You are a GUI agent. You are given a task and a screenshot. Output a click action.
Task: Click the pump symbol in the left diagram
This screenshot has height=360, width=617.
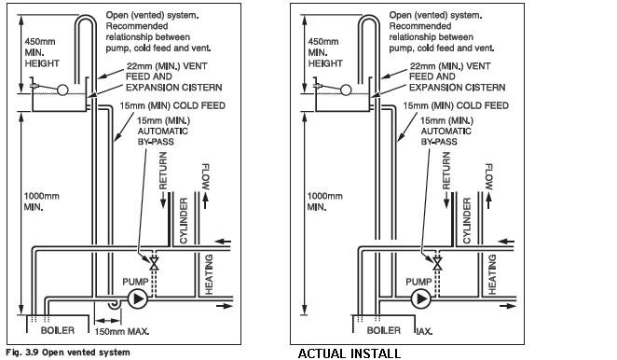point(137,299)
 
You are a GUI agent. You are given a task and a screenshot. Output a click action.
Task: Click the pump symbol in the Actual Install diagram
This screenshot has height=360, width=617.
point(421,299)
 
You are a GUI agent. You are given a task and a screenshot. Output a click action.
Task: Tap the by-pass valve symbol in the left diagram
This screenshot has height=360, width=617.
point(154,263)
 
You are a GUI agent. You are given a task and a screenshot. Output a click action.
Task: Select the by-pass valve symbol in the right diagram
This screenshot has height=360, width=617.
point(437,263)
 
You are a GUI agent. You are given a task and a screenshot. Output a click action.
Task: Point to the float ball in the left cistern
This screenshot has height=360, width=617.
point(62,90)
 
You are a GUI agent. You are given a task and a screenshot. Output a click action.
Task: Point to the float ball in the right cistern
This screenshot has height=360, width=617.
point(346,90)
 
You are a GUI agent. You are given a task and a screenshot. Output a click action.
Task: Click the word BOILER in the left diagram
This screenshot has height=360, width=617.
point(58,330)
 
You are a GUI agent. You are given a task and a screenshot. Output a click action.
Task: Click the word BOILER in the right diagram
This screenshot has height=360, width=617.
point(384,330)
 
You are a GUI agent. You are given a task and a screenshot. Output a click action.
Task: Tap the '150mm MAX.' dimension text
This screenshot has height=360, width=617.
point(122,332)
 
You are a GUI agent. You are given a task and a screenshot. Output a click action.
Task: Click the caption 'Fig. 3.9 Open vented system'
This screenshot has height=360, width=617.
point(68,353)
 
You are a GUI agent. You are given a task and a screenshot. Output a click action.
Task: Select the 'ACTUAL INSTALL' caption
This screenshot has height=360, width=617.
point(350,353)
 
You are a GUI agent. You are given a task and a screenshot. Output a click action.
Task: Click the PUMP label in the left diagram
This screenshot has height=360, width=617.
point(135,282)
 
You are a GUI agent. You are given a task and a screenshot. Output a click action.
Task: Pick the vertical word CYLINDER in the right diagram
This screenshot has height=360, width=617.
point(467,220)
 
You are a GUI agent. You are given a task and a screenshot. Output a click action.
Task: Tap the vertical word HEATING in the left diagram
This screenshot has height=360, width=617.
point(209,274)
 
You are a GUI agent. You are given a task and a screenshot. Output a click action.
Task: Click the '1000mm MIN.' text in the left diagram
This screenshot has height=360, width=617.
point(42,201)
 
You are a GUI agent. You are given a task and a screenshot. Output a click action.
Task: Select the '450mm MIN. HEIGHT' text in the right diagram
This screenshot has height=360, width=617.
point(325,52)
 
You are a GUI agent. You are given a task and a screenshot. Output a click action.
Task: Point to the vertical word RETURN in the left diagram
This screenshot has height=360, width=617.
point(163,171)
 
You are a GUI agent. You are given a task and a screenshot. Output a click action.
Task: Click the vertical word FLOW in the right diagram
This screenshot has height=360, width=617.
point(489,177)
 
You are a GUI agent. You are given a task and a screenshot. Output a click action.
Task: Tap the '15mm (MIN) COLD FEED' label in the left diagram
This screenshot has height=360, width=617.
point(172,105)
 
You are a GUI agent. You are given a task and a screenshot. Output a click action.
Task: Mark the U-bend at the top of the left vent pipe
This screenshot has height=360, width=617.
point(86,17)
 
